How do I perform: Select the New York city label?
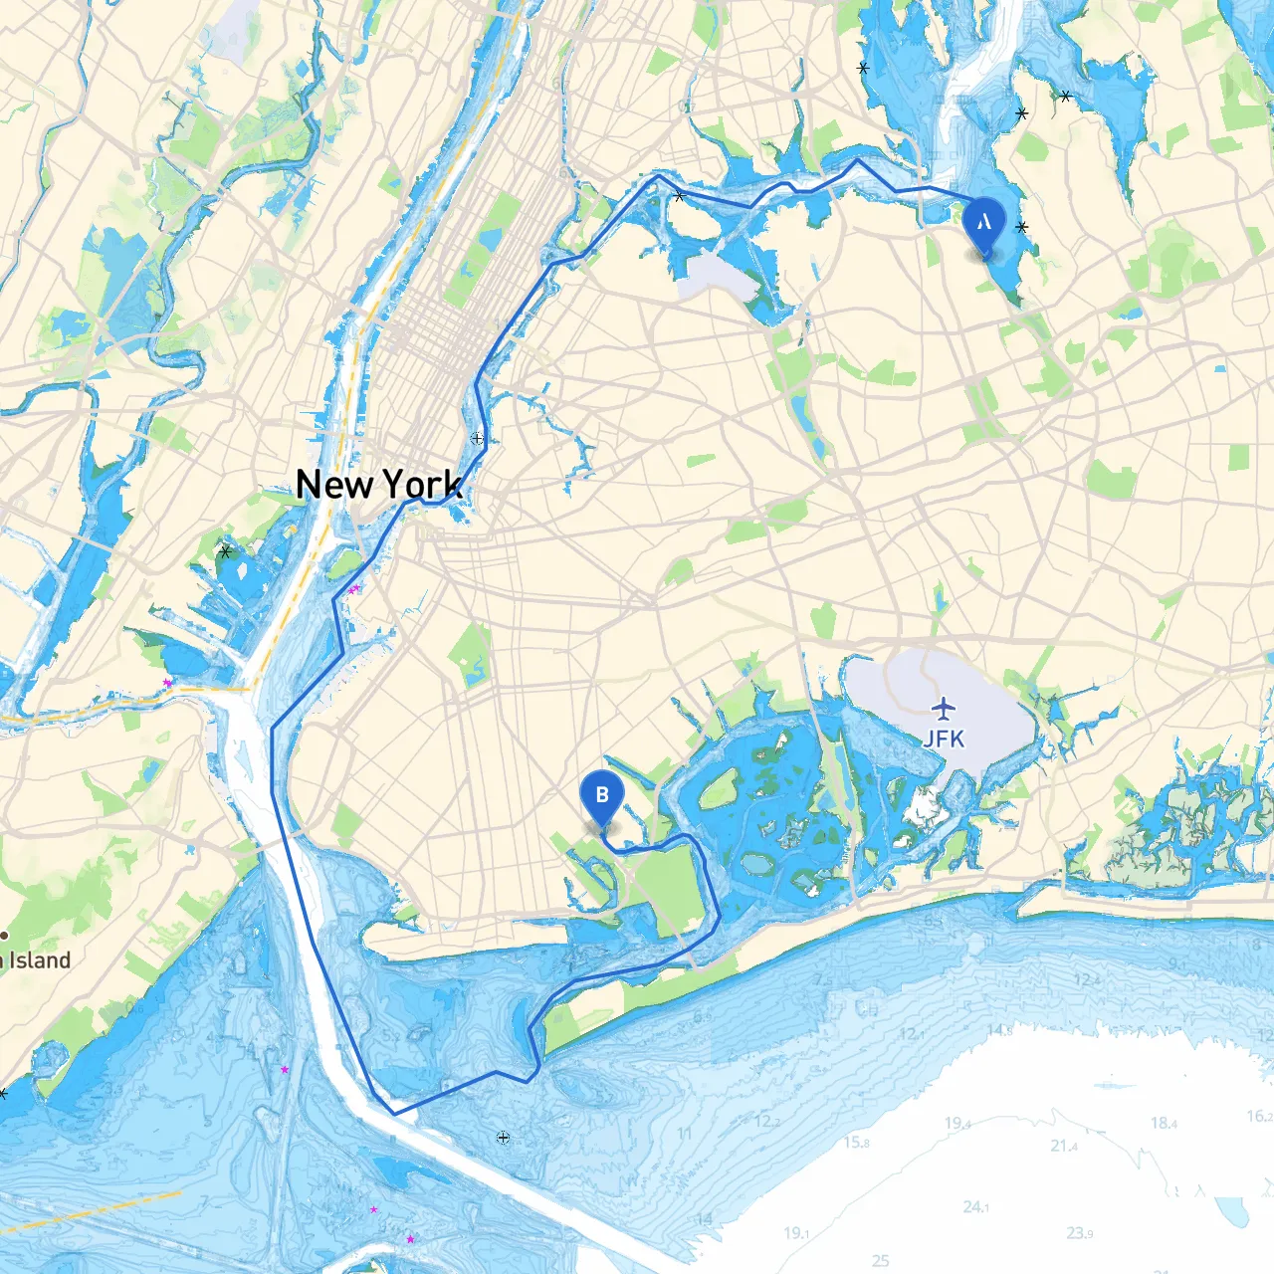(379, 485)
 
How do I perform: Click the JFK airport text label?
(943, 739)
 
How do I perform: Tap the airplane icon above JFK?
(943, 709)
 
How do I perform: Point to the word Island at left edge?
(41, 960)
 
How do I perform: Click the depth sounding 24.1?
(975, 1207)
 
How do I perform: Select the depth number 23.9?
(1079, 1233)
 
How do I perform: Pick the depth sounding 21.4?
(1064, 1147)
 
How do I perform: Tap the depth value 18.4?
(1164, 1123)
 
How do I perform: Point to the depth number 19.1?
(795, 1233)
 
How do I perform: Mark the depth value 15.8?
(857, 1142)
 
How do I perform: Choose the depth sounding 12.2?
(766, 1122)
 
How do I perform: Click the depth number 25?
(880, 1261)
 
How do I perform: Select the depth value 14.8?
(999, 1031)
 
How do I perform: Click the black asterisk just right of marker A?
(1022, 227)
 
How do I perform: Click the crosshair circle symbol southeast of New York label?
(478, 438)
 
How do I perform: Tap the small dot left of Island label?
(5, 936)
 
